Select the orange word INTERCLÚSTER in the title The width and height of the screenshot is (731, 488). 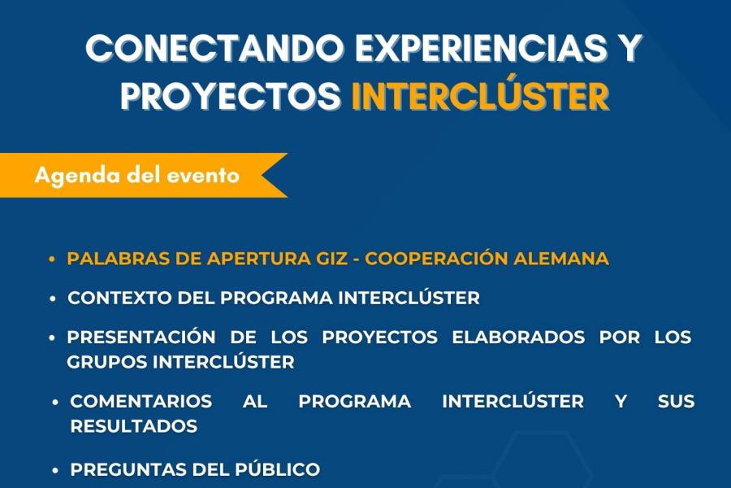(481, 96)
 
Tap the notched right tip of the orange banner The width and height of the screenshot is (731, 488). (261, 175)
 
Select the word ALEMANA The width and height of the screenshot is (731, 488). (560, 259)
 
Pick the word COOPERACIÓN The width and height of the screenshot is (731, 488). (436, 258)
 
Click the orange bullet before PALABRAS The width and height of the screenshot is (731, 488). (52, 259)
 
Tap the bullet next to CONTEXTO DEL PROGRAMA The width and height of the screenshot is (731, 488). (53, 298)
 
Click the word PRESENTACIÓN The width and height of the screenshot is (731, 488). (141, 337)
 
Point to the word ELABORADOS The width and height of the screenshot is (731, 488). (518, 338)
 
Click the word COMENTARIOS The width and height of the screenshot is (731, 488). (141, 401)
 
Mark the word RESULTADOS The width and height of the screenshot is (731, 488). (134, 426)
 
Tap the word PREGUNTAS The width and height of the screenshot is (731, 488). (128, 470)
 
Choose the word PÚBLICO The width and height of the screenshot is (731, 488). (277, 468)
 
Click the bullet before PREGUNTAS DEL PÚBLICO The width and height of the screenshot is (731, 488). (55, 471)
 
